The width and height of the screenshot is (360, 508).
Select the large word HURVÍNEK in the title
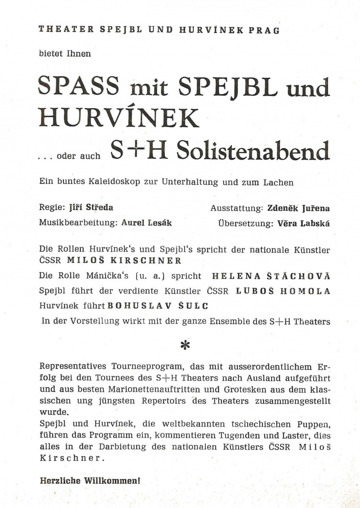pyautogui.click(x=118, y=118)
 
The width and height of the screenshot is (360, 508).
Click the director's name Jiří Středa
pyautogui.click(x=91, y=207)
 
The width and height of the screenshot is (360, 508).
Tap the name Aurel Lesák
pyautogui.click(x=146, y=223)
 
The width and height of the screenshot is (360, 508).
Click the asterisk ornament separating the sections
pyautogui.click(x=185, y=345)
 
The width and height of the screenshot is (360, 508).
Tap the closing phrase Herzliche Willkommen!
pyautogui.click(x=89, y=481)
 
